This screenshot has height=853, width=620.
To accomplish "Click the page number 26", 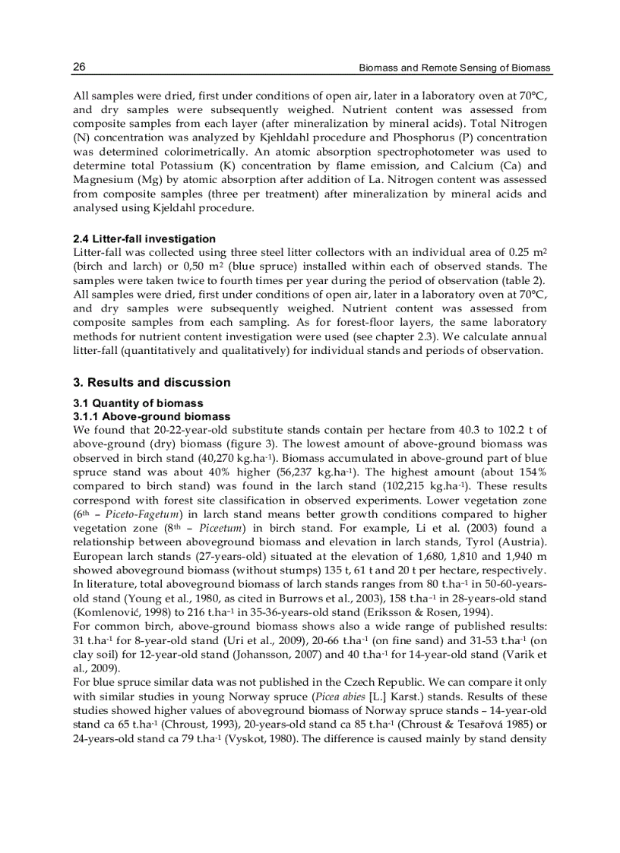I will pyautogui.click(x=79, y=68).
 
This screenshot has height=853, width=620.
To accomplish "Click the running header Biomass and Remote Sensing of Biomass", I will pyautogui.click(x=454, y=68).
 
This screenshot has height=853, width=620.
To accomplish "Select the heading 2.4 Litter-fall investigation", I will pyautogui.click(x=144, y=239).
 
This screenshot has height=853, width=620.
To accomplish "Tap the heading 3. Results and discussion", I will pyautogui.click(x=151, y=382).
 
